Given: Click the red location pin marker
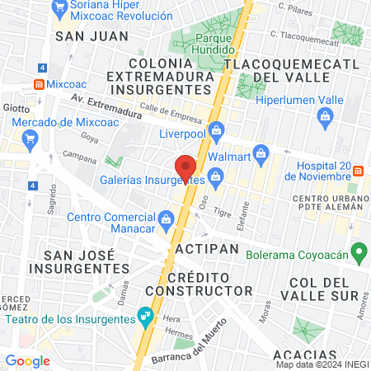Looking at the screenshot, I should click(x=185, y=168).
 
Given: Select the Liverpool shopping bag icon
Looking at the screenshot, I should click(x=217, y=130).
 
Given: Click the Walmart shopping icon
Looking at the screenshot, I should click(x=262, y=153).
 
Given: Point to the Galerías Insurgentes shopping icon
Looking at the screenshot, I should click(x=216, y=176).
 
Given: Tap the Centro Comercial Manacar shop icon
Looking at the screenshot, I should click(x=166, y=218).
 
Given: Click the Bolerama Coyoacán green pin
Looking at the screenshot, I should click(x=358, y=251).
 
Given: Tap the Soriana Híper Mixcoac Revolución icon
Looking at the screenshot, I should click(x=59, y=9).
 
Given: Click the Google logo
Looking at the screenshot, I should click(x=27, y=360).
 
